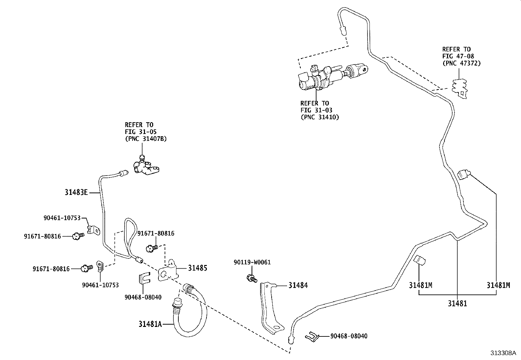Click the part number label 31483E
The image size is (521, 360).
click(x=76, y=193)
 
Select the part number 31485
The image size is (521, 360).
click(x=197, y=268)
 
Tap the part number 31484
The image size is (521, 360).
click(x=298, y=285)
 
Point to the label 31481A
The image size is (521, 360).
click(x=150, y=324)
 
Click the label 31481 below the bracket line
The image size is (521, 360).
click(x=458, y=304)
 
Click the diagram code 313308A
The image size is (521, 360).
click(x=503, y=353)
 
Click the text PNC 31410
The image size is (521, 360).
click(x=320, y=117)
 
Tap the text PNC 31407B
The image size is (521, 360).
click(x=146, y=139)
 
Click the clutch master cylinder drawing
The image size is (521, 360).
click(x=331, y=77)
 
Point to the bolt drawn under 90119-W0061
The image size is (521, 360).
click(x=252, y=278)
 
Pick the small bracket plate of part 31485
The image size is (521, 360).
click(x=168, y=270)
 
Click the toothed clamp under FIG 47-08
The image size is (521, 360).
click(x=460, y=88)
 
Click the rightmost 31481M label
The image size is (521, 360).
click(x=498, y=285)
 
